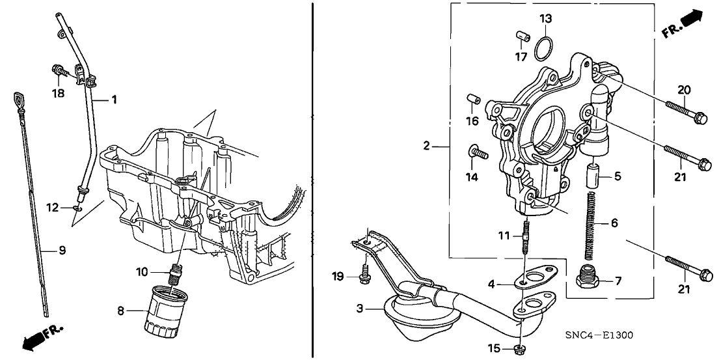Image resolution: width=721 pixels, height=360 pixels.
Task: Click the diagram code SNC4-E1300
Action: point(599,336)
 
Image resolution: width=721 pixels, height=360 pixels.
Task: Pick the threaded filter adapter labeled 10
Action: point(173,273)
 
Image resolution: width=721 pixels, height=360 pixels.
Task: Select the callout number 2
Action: point(426,146)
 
